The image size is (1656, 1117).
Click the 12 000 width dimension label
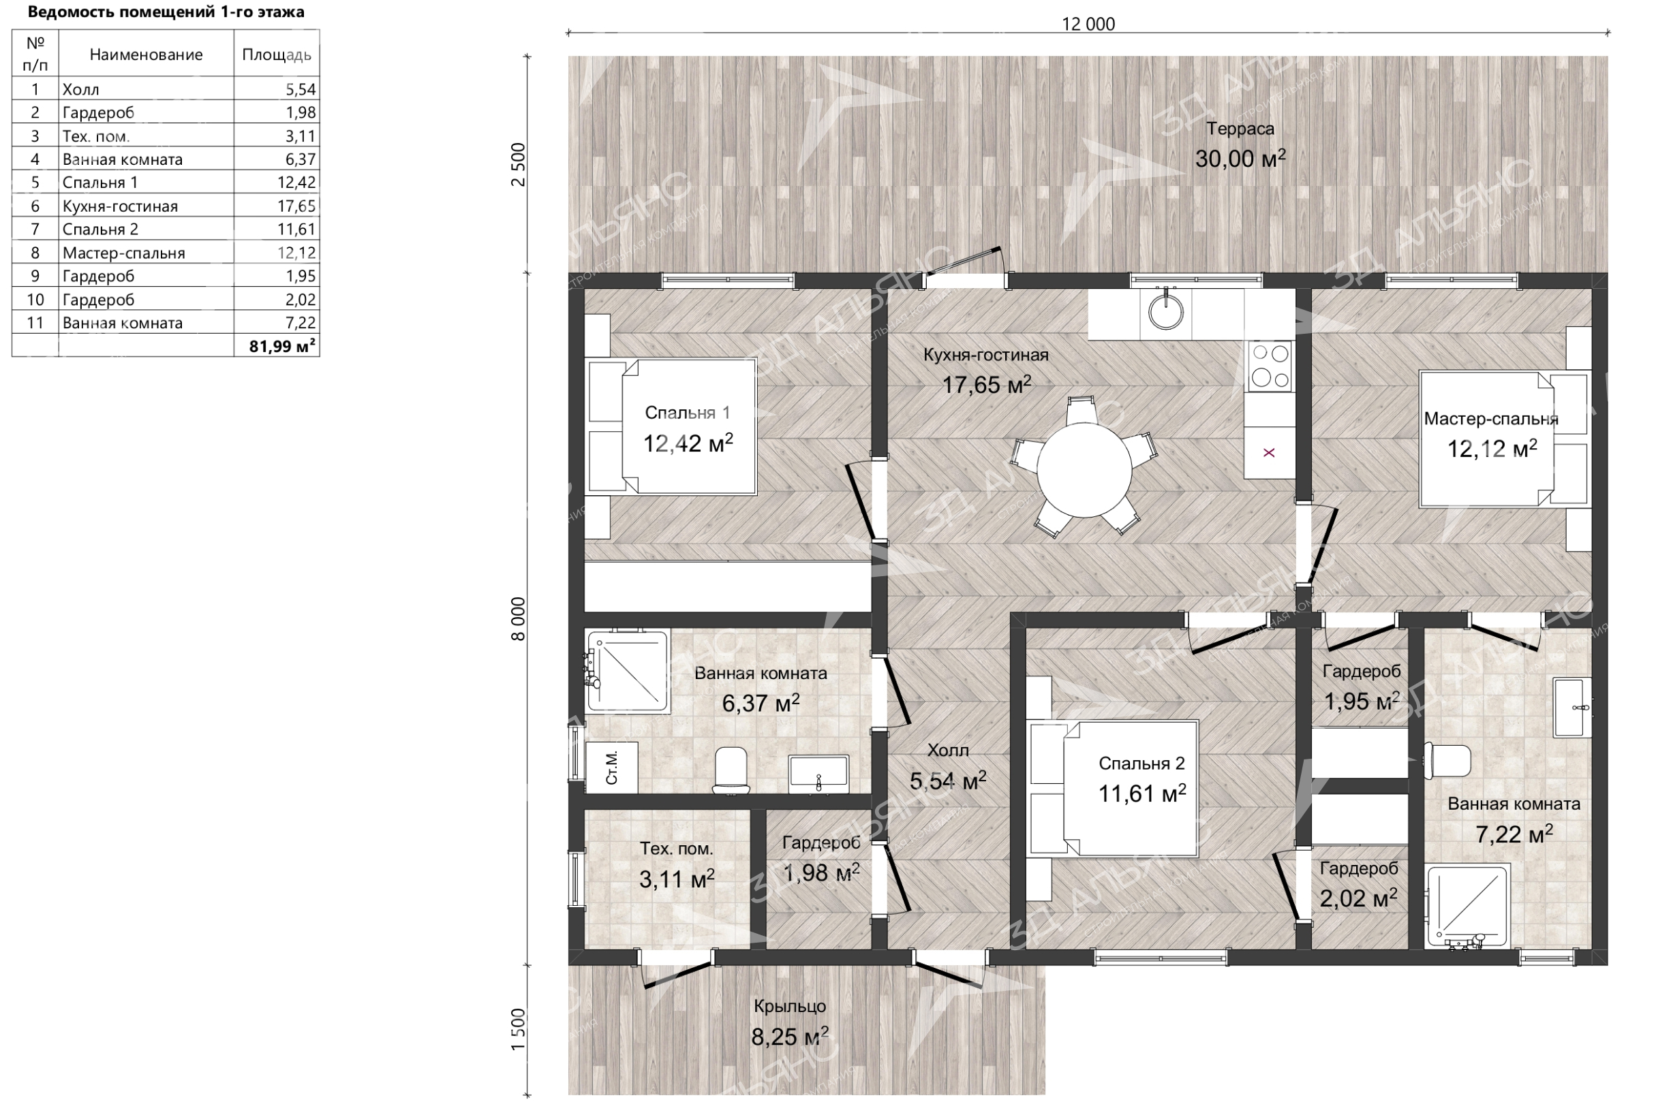(x=1088, y=25)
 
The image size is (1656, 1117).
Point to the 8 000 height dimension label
(x=519, y=619)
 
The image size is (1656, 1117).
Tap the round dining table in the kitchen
(x=1084, y=470)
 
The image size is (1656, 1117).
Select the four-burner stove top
(x=1270, y=366)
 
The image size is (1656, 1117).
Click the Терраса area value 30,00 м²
(x=1240, y=159)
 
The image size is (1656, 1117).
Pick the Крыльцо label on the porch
(x=790, y=1006)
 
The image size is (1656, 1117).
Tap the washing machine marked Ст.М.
(x=611, y=767)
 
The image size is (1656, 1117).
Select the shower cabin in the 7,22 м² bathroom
(x=1467, y=906)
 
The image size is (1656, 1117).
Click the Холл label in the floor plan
(x=948, y=750)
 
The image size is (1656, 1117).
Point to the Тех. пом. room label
(x=676, y=849)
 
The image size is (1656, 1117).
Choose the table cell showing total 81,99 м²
(x=277, y=345)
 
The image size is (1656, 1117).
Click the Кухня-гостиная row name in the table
(x=120, y=206)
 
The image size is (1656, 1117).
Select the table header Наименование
(x=146, y=54)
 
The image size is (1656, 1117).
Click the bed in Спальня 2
(x=1113, y=788)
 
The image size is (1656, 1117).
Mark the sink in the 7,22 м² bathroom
(x=1573, y=708)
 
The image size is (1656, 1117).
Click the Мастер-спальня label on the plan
(x=1490, y=419)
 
